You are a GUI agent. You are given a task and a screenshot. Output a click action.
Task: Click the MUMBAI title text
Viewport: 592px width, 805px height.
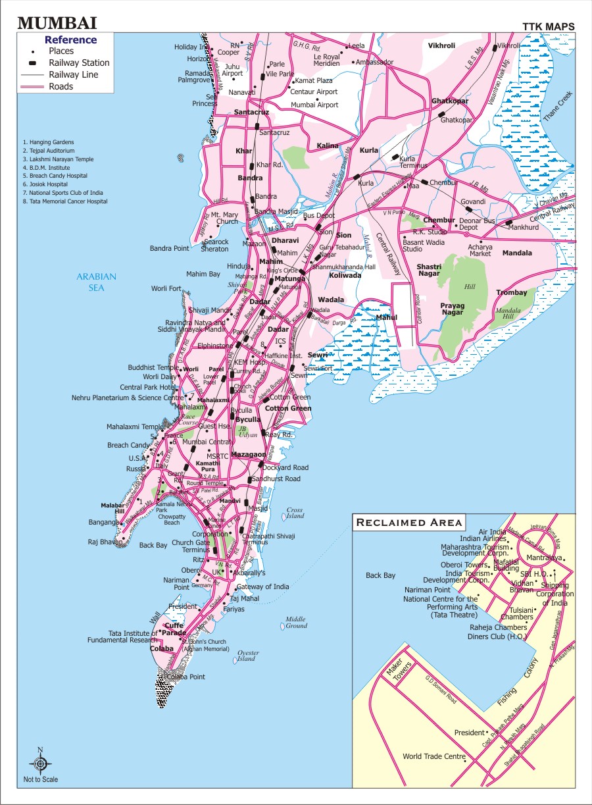click(x=57, y=24)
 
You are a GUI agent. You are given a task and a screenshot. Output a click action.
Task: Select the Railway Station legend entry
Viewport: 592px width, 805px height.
click(x=78, y=63)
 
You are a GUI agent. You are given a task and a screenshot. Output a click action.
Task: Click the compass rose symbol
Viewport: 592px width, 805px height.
click(x=40, y=764)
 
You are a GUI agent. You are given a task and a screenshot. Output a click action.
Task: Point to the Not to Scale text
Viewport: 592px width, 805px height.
click(x=41, y=779)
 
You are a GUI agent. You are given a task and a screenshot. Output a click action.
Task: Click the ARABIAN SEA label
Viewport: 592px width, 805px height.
click(x=96, y=282)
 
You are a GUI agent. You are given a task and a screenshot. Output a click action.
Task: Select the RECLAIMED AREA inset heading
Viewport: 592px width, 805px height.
click(x=409, y=523)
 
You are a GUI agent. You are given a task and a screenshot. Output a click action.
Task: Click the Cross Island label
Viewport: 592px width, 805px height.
click(x=295, y=513)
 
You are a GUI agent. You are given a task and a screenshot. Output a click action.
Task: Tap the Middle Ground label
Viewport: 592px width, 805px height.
click(x=296, y=622)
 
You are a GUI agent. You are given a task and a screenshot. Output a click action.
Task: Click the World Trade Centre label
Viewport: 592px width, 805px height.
click(x=434, y=756)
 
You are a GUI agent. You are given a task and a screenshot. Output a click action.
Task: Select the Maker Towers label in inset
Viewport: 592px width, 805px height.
click(x=399, y=671)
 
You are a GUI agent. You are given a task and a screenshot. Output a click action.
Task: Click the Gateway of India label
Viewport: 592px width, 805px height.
click(x=262, y=586)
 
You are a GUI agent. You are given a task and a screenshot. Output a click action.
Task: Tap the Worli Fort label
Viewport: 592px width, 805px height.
click(x=165, y=288)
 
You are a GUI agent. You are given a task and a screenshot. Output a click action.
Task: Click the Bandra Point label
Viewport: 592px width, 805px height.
click(x=170, y=248)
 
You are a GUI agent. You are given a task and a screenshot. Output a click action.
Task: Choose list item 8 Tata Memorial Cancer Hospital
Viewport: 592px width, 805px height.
click(x=64, y=201)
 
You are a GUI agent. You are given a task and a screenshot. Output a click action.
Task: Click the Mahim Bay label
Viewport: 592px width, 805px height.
click(x=203, y=274)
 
